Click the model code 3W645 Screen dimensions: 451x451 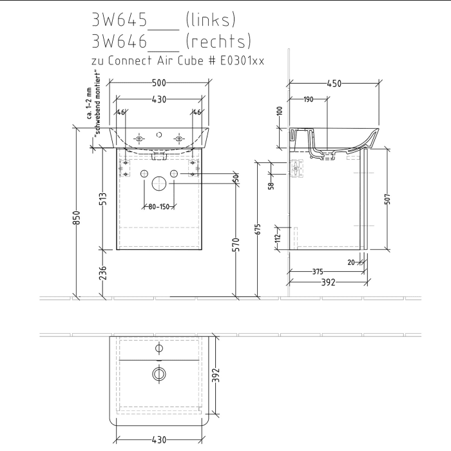click(120, 19)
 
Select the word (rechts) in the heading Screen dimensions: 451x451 click(217, 42)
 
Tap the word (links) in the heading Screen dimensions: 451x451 click(209, 19)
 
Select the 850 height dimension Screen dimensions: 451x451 click(76, 218)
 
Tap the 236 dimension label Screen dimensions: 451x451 click(103, 273)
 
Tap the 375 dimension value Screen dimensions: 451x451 click(318, 272)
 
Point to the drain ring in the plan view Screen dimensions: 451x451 click(158, 373)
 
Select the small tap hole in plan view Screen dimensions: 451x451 click(158, 349)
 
